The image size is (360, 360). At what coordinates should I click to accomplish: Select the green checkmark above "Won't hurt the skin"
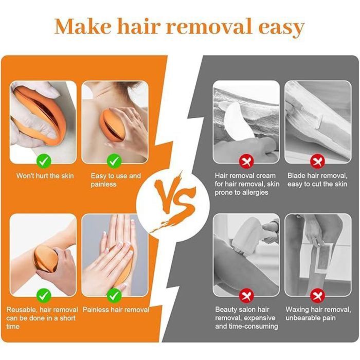click(x=44, y=161)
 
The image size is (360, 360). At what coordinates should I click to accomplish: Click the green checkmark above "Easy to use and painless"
click(x=114, y=161)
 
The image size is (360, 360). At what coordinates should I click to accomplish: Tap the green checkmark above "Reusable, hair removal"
click(x=44, y=295)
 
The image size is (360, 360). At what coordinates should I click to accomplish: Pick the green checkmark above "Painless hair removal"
click(x=114, y=295)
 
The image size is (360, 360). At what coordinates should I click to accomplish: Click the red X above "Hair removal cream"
click(x=246, y=161)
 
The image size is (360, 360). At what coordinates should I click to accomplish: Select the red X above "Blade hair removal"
click(x=317, y=161)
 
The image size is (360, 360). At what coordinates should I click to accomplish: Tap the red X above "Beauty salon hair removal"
click(x=246, y=295)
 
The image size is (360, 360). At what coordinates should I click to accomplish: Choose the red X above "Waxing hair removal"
click(x=317, y=295)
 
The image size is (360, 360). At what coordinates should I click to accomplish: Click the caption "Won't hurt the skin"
click(x=45, y=176)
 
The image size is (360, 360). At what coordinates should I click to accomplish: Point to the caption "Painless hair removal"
click(x=116, y=310)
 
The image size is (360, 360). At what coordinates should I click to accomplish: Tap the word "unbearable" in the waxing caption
click(x=302, y=318)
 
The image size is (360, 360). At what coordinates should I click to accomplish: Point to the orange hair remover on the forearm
click(x=45, y=259)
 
